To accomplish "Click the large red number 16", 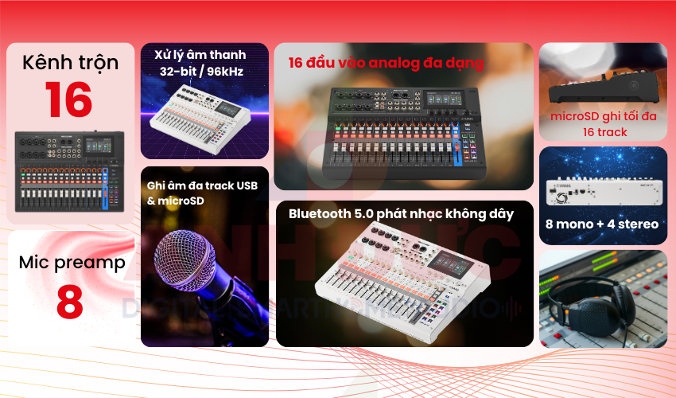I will [68, 99].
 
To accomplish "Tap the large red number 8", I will [69, 302].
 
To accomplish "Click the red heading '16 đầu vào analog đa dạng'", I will [386, 62].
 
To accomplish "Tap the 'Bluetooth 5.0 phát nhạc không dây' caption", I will [401, 213].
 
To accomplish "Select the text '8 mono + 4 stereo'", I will [603, 224].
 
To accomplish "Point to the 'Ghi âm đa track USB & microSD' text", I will [202, 193].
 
